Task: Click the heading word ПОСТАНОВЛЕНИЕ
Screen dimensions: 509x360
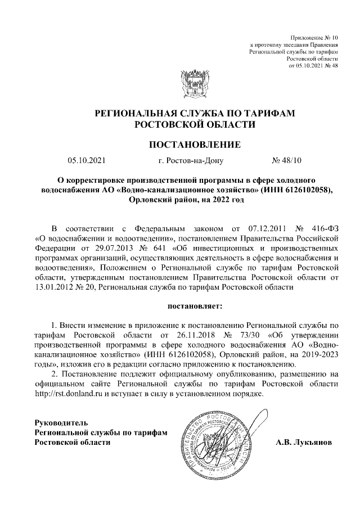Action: coord(194,145)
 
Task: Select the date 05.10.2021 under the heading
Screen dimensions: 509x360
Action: coord(86,161)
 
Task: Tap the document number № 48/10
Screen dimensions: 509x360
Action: coord(287,161)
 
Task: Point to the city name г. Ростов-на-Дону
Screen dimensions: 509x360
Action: coord(191,161)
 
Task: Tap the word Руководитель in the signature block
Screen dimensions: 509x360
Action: coord(61,422)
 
